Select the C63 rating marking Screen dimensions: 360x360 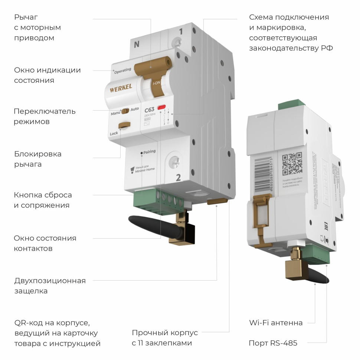(149, 109)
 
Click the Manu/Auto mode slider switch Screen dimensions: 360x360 (125, 111)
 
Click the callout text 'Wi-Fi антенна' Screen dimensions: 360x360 (276, 323)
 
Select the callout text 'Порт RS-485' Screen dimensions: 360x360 (273, 343)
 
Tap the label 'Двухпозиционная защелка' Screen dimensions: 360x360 (50, 286)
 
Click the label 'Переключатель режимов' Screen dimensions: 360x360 (45, 116)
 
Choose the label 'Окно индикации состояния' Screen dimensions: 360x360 (47, 75)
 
